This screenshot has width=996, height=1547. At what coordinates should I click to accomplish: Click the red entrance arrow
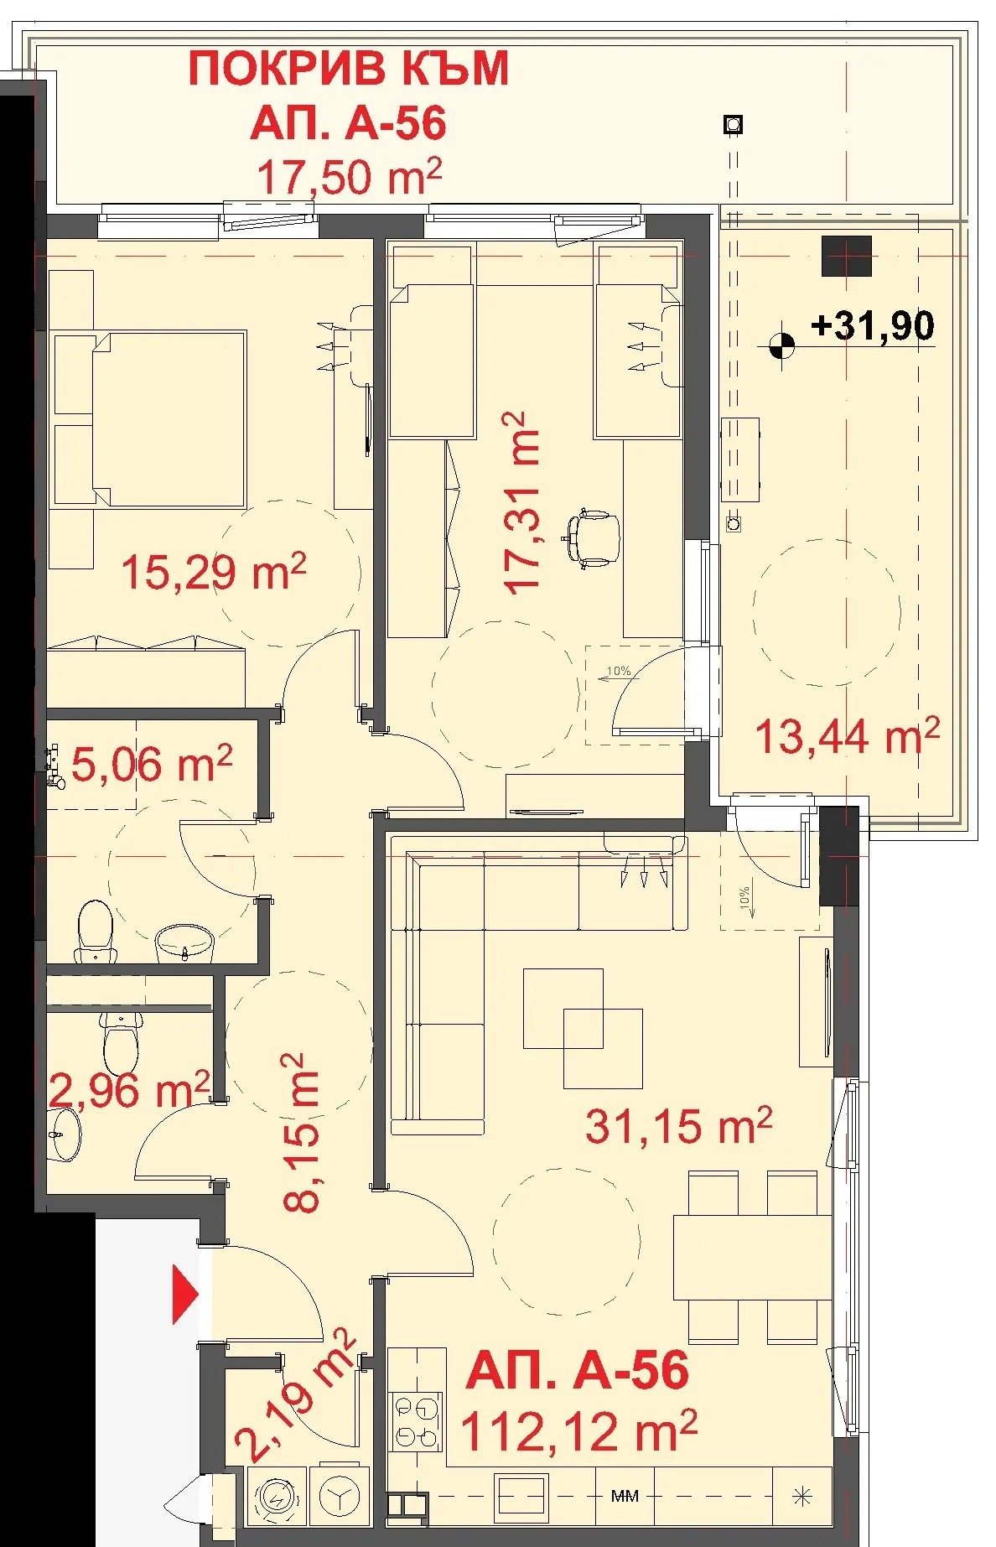(x=184, y=1294)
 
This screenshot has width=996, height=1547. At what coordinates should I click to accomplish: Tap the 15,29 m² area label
(x=214, y=572)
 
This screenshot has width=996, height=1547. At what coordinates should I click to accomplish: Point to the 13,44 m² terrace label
(x=848, y=737)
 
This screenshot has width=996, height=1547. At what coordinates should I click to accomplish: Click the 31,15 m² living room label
(x=678, y=1124)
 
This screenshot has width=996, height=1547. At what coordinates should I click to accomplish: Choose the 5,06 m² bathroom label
(x=152, y=765)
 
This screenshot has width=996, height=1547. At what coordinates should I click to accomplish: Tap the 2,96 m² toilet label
(x=131, y=1090)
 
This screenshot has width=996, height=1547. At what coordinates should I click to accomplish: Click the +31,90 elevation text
(x=873, y=325)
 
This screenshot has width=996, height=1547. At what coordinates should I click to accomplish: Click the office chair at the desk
(x=594, y=538)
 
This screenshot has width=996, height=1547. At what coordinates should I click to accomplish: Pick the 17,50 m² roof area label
(x=349, y=177)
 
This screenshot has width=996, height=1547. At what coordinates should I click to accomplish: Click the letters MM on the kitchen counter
(x=625, y=1496)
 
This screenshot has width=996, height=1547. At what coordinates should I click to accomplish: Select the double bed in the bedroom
(x=149, y=418)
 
